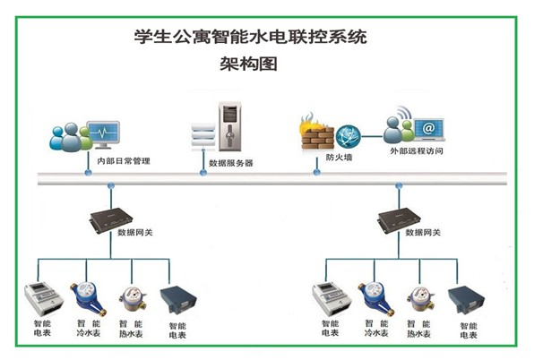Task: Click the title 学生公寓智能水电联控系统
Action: click(250, 39)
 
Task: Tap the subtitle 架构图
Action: click(250, 64)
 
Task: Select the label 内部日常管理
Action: click(124, 162)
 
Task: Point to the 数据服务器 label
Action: click(231, 163)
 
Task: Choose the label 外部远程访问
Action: click(417, 151)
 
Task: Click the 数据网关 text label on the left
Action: click(135, 232)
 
